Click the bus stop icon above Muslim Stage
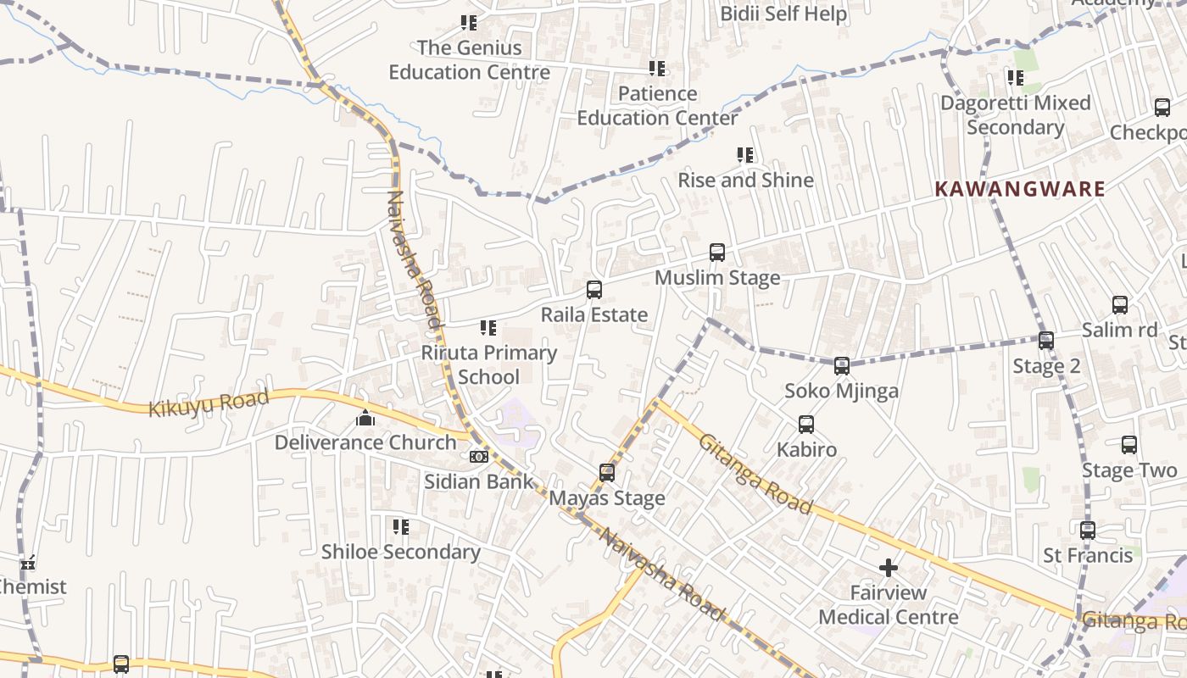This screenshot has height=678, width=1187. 717,252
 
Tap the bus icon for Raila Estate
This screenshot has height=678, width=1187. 594,289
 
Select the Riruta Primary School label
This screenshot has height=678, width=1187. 489,364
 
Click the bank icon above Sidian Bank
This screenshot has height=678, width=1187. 479,457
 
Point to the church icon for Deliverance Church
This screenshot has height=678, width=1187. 365,418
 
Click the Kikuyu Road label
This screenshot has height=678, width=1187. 209,403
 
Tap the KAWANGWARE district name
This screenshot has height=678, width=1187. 1020,189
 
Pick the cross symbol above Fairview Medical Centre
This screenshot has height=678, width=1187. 889,567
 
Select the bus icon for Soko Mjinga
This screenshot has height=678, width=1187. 841,366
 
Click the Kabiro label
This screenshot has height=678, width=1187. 806,449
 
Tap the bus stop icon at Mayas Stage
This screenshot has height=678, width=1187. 607,472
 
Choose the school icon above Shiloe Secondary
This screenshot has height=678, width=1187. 401,527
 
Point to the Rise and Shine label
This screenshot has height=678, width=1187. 745,180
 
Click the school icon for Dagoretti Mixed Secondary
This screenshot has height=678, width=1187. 1015,78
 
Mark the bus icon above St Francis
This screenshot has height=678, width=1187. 1088,531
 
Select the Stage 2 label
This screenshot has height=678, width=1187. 1046,367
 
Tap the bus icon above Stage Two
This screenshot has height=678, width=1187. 1129,445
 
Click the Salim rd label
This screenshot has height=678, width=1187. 1119,331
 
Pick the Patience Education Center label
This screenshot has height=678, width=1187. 658,106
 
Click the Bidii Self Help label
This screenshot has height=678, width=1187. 783,14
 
